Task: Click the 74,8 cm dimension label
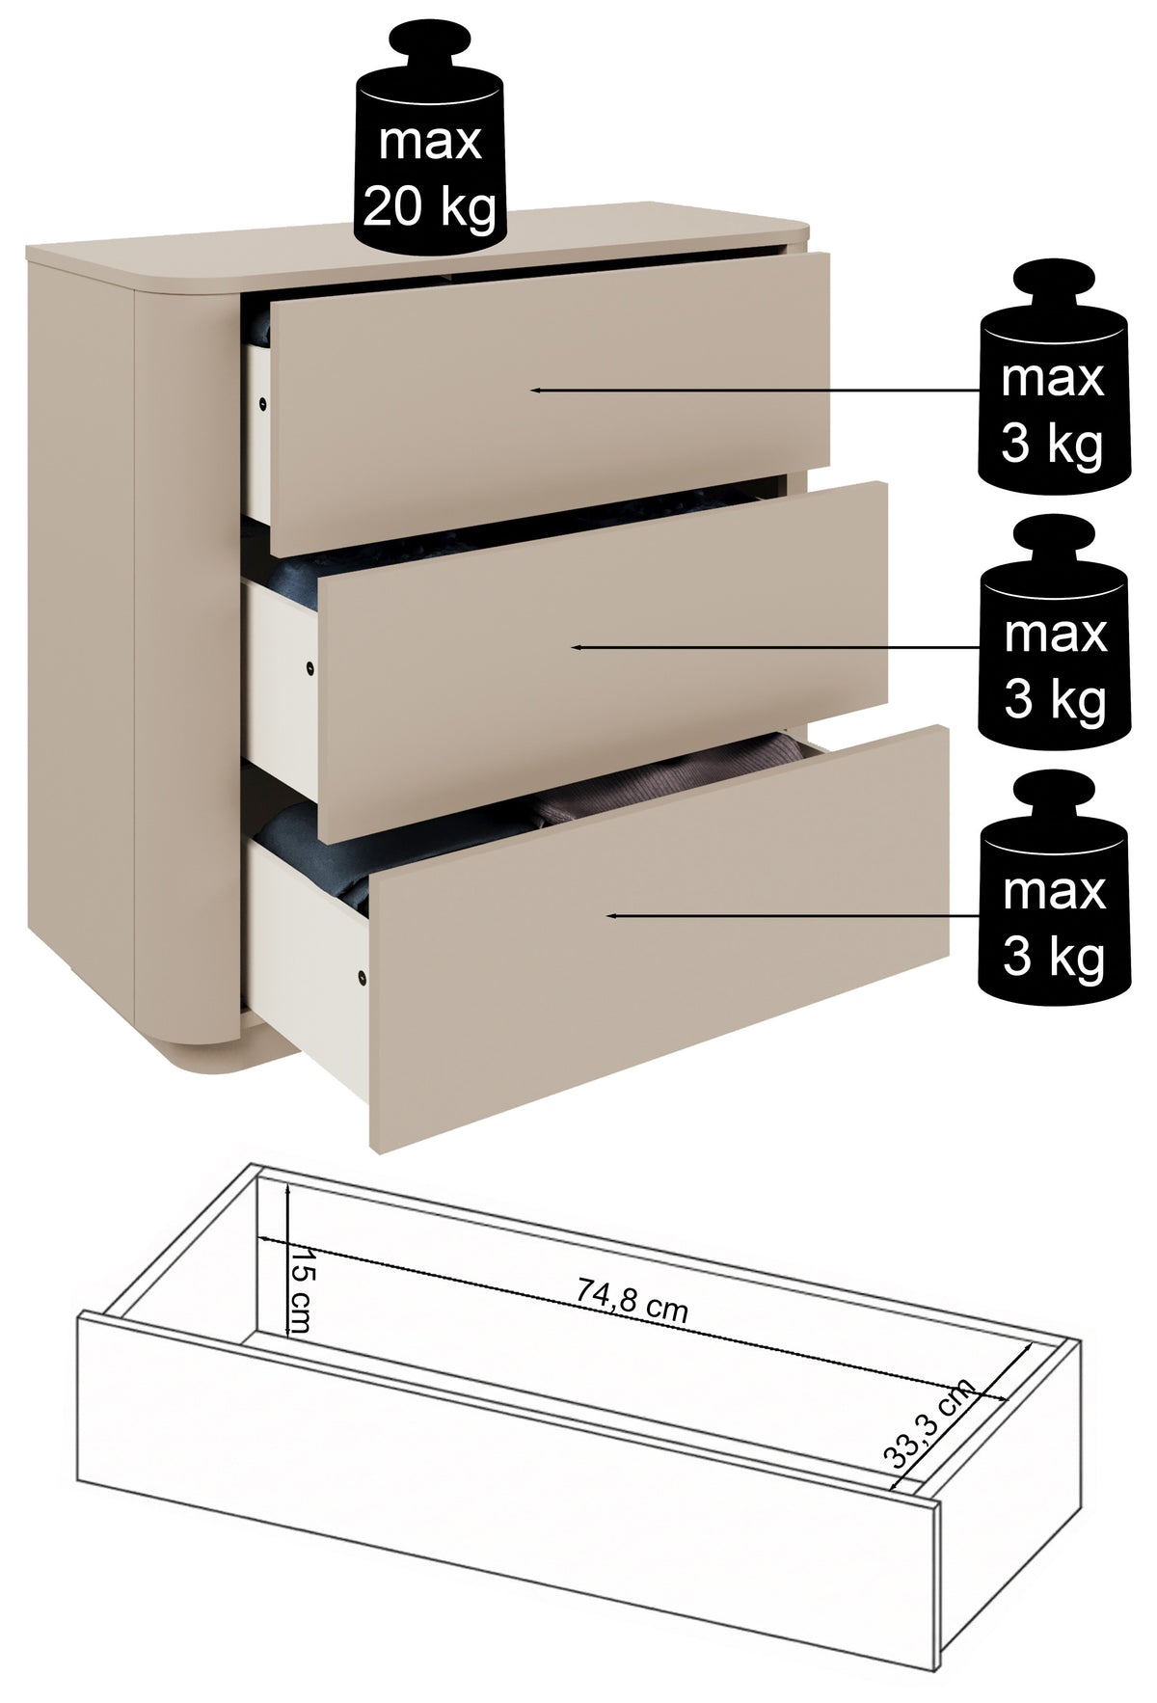pos(632,1297)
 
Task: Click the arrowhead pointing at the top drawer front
pos(537,390)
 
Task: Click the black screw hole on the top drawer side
pos(262,403)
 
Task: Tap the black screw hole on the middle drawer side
pos(309,667)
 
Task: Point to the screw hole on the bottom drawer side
pos(362,978)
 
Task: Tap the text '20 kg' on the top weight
pos(430,205)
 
